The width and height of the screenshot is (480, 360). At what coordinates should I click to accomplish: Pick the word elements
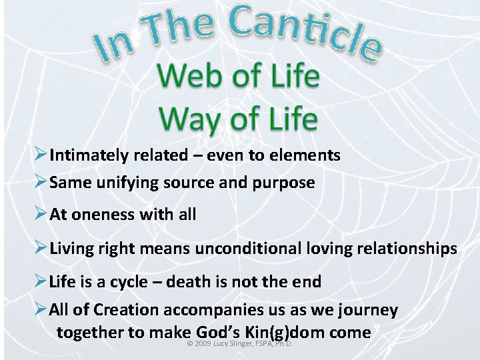click(307, 156)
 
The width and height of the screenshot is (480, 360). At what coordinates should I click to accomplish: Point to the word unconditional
click(249, 249)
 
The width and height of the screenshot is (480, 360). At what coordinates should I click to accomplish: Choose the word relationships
click(406, 249)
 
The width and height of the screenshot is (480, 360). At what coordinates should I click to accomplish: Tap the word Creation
click(126, 310)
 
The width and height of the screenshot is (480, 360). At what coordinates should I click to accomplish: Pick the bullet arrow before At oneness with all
click(40, 215)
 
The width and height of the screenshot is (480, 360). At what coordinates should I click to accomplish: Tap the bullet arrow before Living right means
click(40, 249)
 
